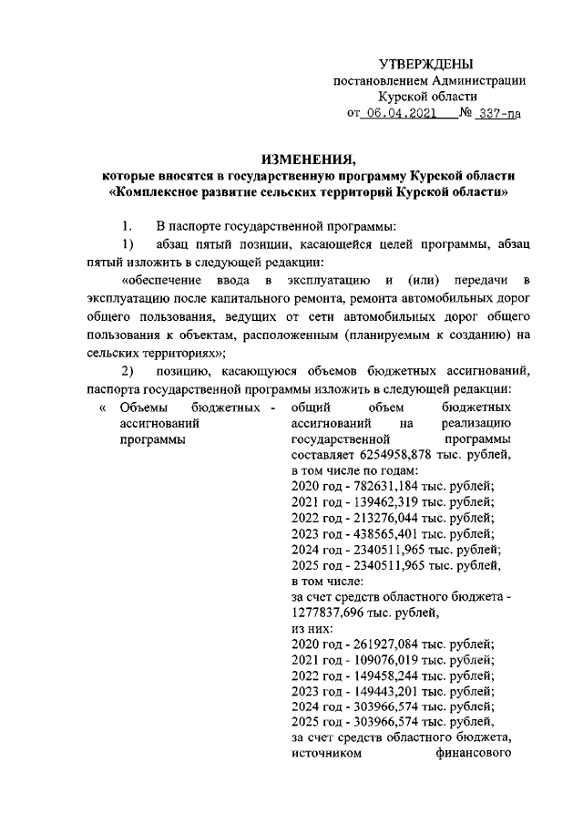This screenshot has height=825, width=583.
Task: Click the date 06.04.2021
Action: tap(398, 114)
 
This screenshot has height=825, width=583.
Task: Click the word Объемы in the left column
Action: tap(140, 407)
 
